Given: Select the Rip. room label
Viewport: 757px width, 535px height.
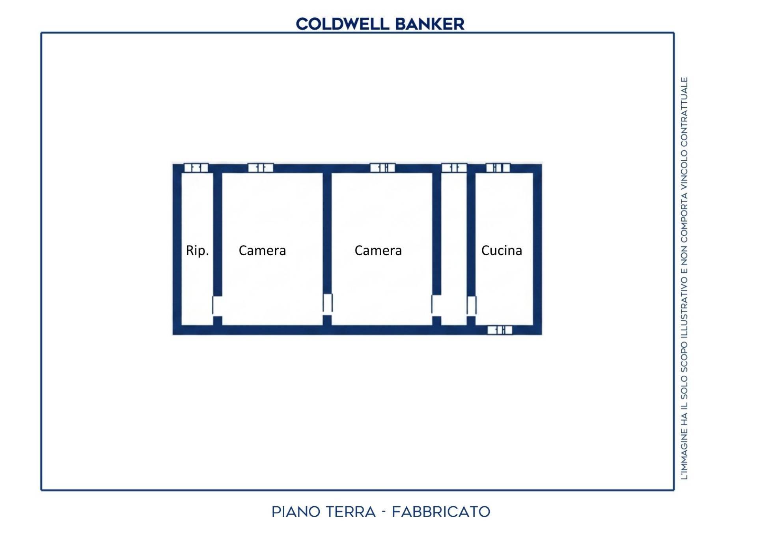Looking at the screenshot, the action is tap(197, 250).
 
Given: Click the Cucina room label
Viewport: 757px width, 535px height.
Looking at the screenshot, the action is tap(502, 250).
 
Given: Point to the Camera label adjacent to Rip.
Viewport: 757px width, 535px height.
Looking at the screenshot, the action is tap(262, 250).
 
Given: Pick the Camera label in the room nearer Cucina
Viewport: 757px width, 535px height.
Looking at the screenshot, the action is tap(378, 250).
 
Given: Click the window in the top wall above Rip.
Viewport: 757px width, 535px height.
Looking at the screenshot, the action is tap(196, 168).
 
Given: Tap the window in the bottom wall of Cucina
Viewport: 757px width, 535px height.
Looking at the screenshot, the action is tap(500, 330).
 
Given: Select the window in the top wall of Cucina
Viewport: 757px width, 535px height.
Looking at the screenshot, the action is tap(498, 168).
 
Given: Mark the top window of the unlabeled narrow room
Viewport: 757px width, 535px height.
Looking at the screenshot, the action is tap(454, 168).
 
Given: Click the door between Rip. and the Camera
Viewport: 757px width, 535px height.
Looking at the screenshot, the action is tap(217, 306).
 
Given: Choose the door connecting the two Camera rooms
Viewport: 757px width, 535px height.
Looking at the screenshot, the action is tap(327, 304).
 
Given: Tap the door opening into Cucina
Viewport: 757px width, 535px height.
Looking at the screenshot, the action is tap(472, 306).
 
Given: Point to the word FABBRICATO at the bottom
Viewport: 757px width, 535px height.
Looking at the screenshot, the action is tap(441, 512).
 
